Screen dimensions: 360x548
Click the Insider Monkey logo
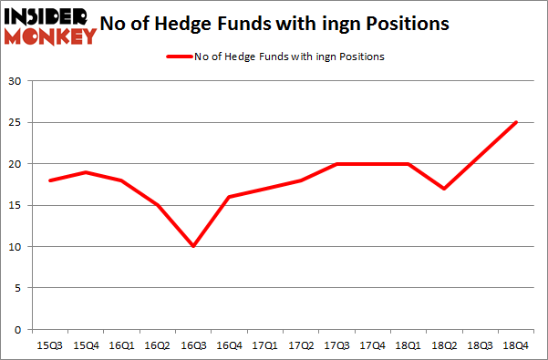pos(50,25)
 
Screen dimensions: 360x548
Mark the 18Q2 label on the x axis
pos(444,346)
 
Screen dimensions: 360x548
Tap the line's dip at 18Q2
pos(444,189)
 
